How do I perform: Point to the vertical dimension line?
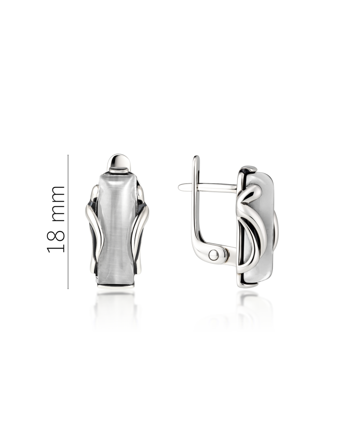68,222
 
